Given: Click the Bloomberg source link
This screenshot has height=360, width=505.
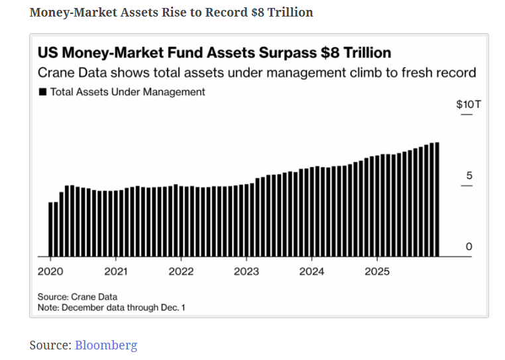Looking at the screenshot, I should [x=106, y=345].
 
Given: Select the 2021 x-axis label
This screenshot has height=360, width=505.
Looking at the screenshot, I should [x=115, y=272].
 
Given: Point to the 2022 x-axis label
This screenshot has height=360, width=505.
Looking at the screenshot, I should [x=180, y=272].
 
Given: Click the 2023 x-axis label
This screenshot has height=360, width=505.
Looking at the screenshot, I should [x=247, y=272].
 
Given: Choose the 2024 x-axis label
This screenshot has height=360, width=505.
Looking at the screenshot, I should [x=311, y=272].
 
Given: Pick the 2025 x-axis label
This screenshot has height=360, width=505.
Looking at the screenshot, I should [x=377, y=272].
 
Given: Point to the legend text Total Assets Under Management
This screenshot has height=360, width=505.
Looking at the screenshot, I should [x=128, y=92].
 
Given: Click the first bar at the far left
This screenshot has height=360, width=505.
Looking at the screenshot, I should [x=50, y=229].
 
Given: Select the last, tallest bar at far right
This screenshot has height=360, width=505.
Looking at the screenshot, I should [x=436, y=200].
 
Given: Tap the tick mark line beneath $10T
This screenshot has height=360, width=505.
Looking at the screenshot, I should [x=467, y=115].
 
